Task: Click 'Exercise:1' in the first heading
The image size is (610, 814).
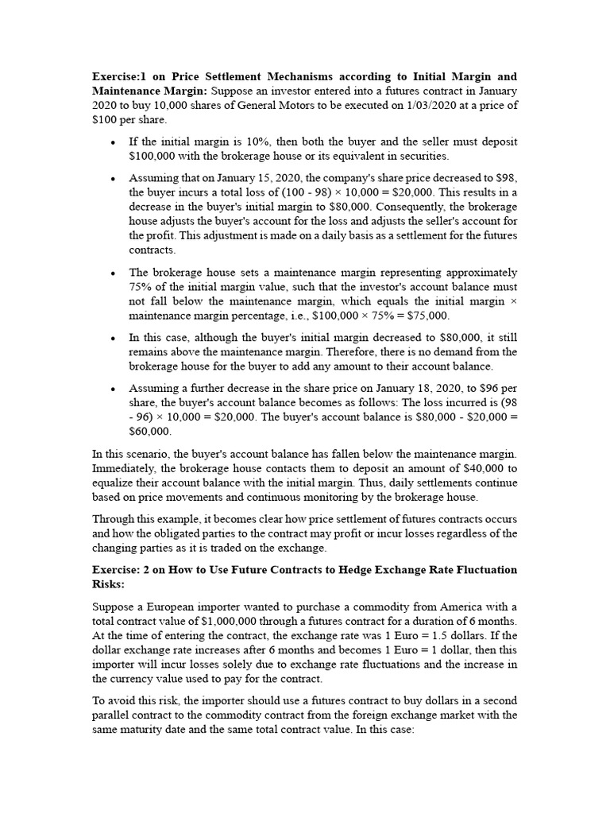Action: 119,76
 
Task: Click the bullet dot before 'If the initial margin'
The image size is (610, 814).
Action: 114,142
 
